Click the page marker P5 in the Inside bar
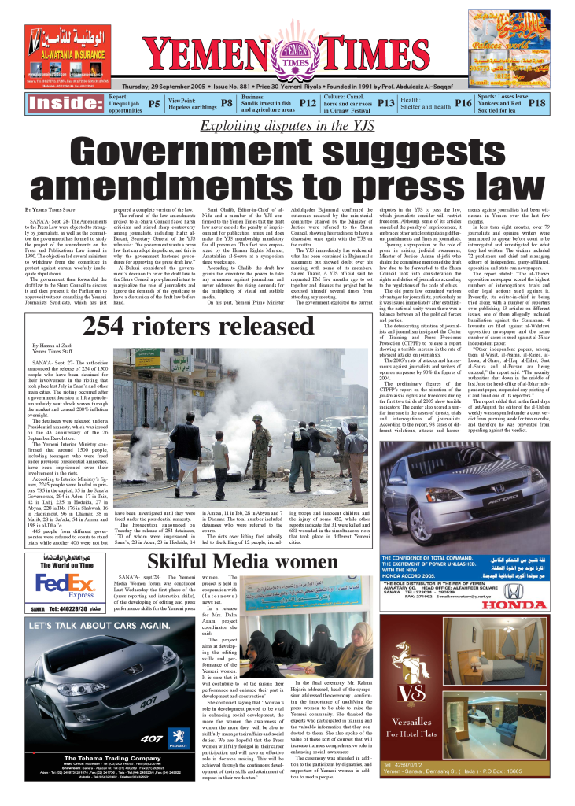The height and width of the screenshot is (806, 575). pos(154,103)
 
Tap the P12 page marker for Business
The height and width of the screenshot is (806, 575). pos(307,103)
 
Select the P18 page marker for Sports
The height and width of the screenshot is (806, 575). pos(536,103)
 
